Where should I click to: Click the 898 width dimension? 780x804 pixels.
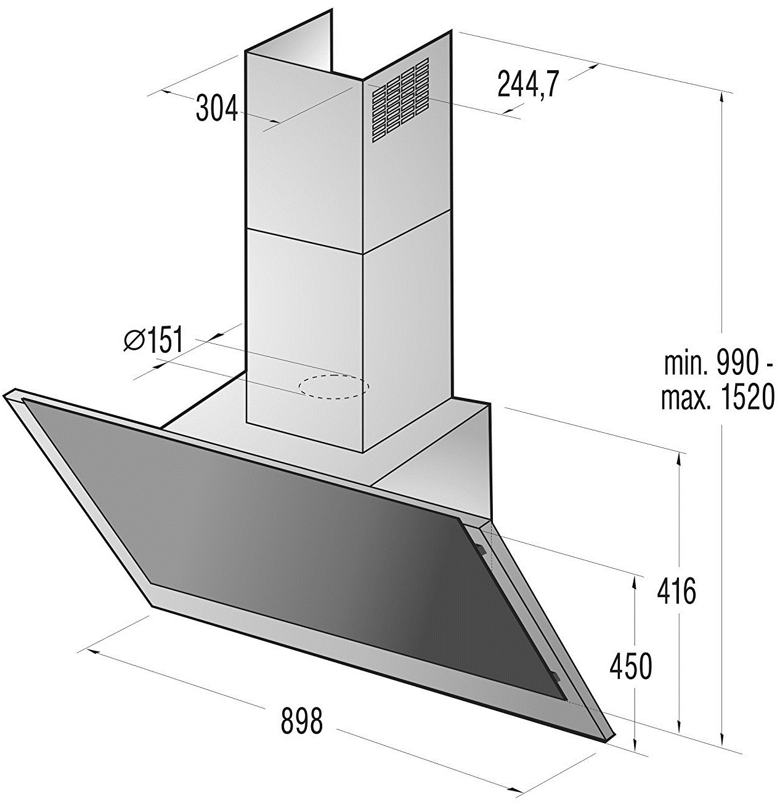coord(301,720)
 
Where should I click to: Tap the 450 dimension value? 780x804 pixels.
coord(630,665)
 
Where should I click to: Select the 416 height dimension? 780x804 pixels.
coord(676,591)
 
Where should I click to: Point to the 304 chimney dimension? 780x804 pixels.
coord(217,108)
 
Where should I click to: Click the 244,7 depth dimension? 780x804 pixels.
coord(528,84)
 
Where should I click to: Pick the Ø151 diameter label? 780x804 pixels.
coord(153,340)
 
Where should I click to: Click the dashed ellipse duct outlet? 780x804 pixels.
coord(333,387)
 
